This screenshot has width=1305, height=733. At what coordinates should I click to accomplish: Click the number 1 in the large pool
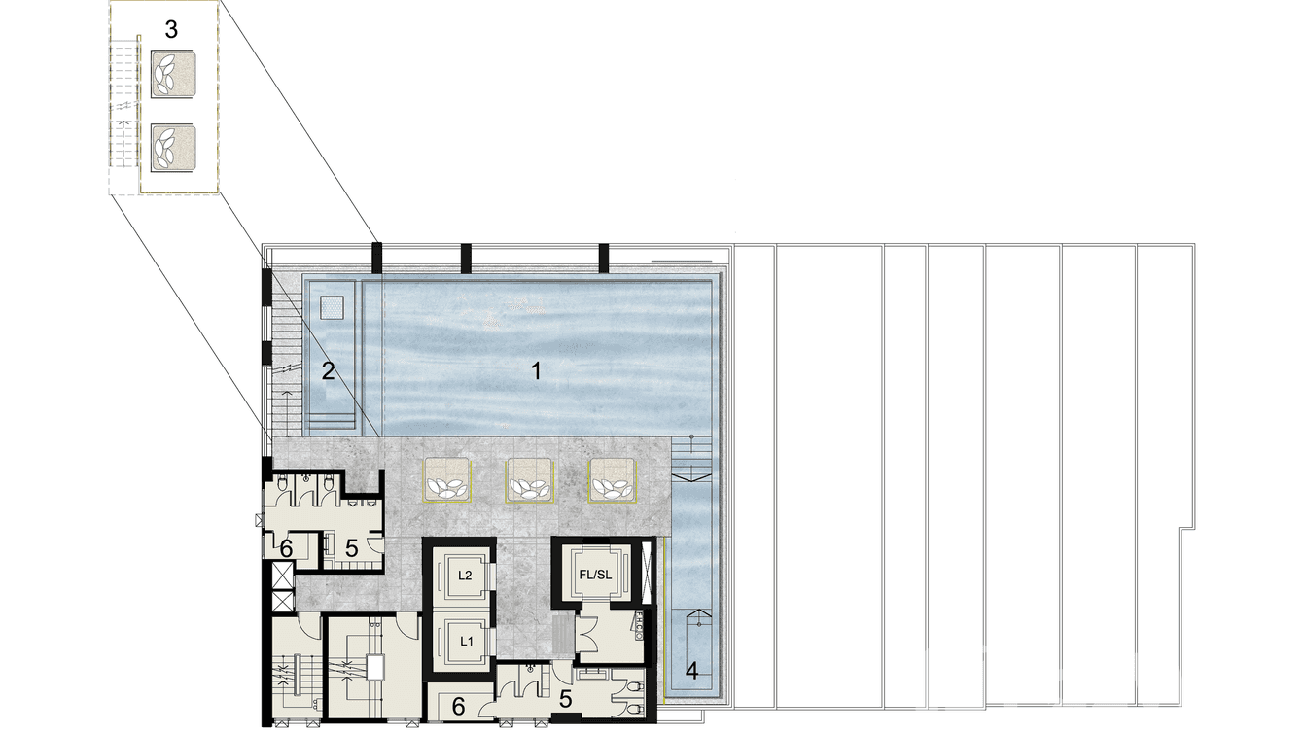point(534,369)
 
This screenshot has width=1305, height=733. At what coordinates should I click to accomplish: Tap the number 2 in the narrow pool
point(329,369)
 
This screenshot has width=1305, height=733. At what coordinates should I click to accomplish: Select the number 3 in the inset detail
point(171,30)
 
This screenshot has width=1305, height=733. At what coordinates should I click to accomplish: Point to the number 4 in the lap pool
point(691,670)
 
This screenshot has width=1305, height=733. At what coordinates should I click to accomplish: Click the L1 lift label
point(466,641)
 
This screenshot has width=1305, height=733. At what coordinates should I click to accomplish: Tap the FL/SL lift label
point(594,575)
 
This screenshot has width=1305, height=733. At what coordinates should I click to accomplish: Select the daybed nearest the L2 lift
point(447,479)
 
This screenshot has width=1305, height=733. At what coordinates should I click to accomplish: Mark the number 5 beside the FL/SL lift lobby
point(565,699)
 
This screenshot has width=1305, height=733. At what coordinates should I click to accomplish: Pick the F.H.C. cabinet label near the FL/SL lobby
point(640,627)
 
